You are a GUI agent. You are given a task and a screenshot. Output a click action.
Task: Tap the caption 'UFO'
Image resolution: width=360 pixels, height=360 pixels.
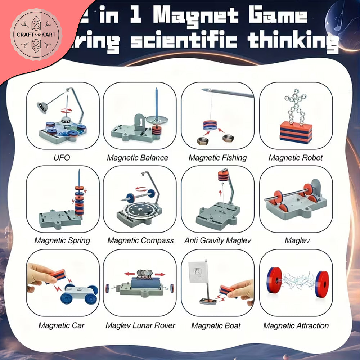pos(62,158)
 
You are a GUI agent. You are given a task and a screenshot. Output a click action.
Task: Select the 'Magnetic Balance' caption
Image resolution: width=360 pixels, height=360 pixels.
pos(137,158)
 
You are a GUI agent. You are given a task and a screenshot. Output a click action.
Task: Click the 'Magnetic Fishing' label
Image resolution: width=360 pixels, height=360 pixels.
pos(217,158)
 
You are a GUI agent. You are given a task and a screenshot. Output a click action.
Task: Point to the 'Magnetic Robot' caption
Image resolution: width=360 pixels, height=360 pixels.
pos(296,158)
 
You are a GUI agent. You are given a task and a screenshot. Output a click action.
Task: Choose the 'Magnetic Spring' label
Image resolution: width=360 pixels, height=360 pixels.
pos(62,240)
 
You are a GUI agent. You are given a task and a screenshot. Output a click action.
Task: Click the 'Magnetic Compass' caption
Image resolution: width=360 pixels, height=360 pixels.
pos(140,240)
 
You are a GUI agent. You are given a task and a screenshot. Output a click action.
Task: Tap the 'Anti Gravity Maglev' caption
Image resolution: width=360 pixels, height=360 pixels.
pos(218,240)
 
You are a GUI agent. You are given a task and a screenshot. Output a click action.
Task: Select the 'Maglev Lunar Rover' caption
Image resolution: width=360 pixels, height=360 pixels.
pos(140,325)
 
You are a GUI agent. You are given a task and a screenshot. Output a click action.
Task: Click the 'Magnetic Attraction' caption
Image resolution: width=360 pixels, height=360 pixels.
pos(296,326)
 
